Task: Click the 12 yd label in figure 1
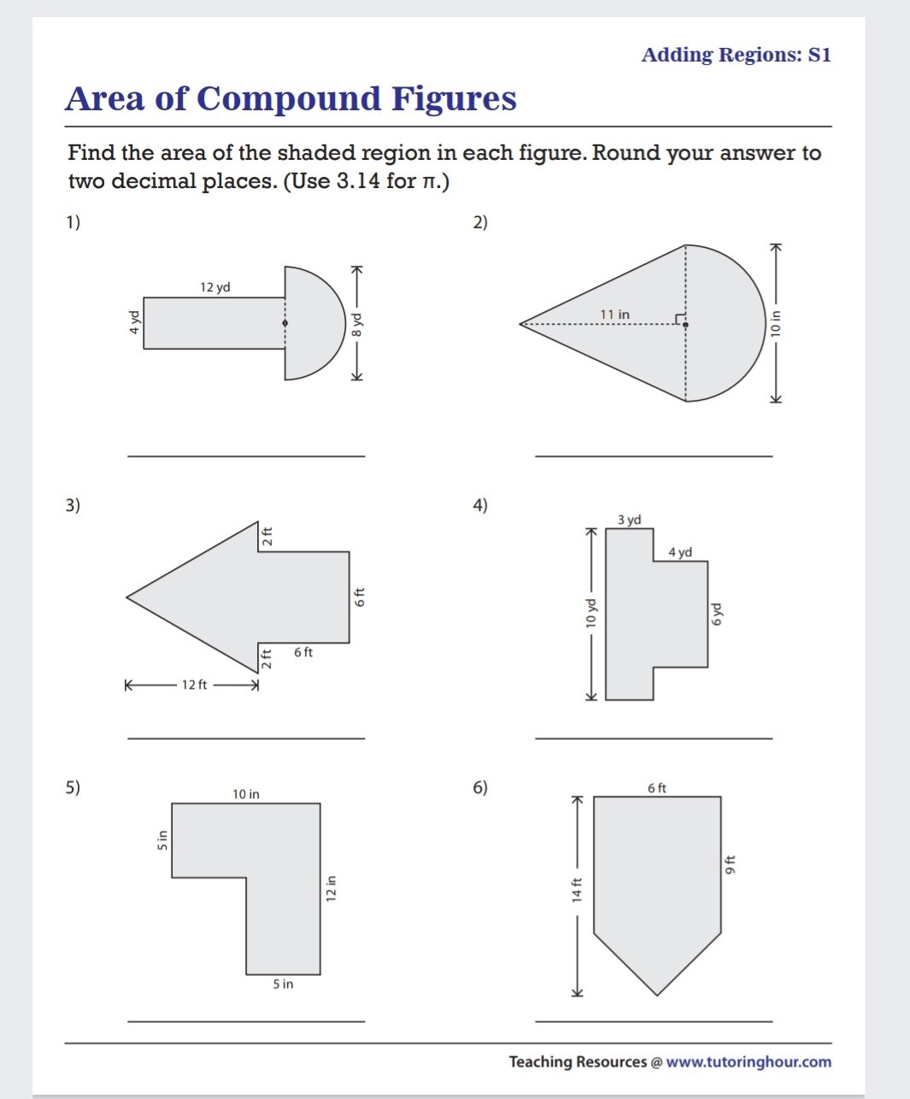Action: point(215,287)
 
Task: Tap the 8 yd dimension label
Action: point(359,325)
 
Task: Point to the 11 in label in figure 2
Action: point(614,314)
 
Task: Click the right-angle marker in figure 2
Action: point(679,320)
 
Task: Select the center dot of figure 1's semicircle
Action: point(285,323)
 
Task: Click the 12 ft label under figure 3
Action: point(194,685)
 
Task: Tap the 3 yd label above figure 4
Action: point(629,520)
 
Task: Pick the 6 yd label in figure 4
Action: point(716,614)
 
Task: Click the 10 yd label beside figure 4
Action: point(590,614)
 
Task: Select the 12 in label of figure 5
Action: point(332,888)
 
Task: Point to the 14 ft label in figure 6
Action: point(577,890)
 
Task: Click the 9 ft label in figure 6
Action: point(730,864)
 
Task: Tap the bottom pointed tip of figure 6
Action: point(657,995)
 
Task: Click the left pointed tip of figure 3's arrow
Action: point(127,597)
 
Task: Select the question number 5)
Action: point(73,787)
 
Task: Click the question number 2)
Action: point(480,222)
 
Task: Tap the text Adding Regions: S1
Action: point(736,55)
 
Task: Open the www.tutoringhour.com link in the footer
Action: point(748,1061)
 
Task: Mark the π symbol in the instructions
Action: point(430,182)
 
